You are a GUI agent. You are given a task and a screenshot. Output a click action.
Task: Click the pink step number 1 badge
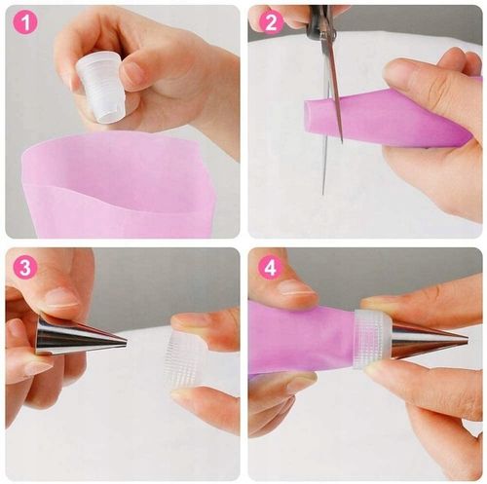tap(25, 22)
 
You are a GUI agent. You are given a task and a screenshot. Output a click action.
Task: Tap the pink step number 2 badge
tap(271, 22)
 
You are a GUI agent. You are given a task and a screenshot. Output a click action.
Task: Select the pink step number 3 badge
tap(25, 267)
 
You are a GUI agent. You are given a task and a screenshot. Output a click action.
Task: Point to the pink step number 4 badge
tap(271, 267)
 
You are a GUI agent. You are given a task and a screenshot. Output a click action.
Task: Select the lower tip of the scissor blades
tap(323, 194)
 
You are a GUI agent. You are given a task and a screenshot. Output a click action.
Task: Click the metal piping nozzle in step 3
tap(80, 338)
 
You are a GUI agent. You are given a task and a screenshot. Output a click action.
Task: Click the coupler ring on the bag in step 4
tap(373, 339)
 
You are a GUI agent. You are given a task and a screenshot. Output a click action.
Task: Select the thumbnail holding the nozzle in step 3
tap(61, 299)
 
